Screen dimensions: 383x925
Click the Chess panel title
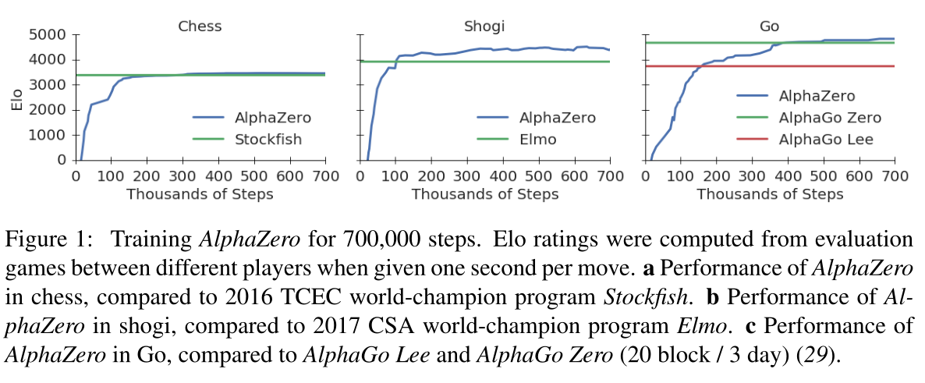pos(200,26)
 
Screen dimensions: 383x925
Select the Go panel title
pos(769,26)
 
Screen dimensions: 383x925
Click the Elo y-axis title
pos(16,98)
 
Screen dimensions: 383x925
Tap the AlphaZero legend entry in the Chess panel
pos(273,119)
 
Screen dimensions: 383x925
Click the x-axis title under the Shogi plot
pos(485,193)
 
